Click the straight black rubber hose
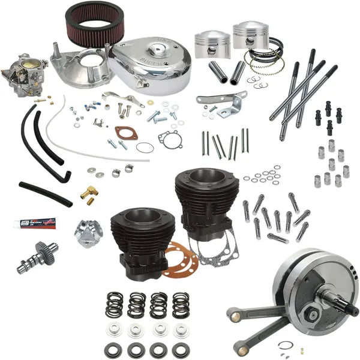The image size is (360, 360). [x=45, y=193]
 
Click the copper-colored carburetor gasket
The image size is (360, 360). [x=126, y=133]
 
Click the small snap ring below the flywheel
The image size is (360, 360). [x=287, y=344]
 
